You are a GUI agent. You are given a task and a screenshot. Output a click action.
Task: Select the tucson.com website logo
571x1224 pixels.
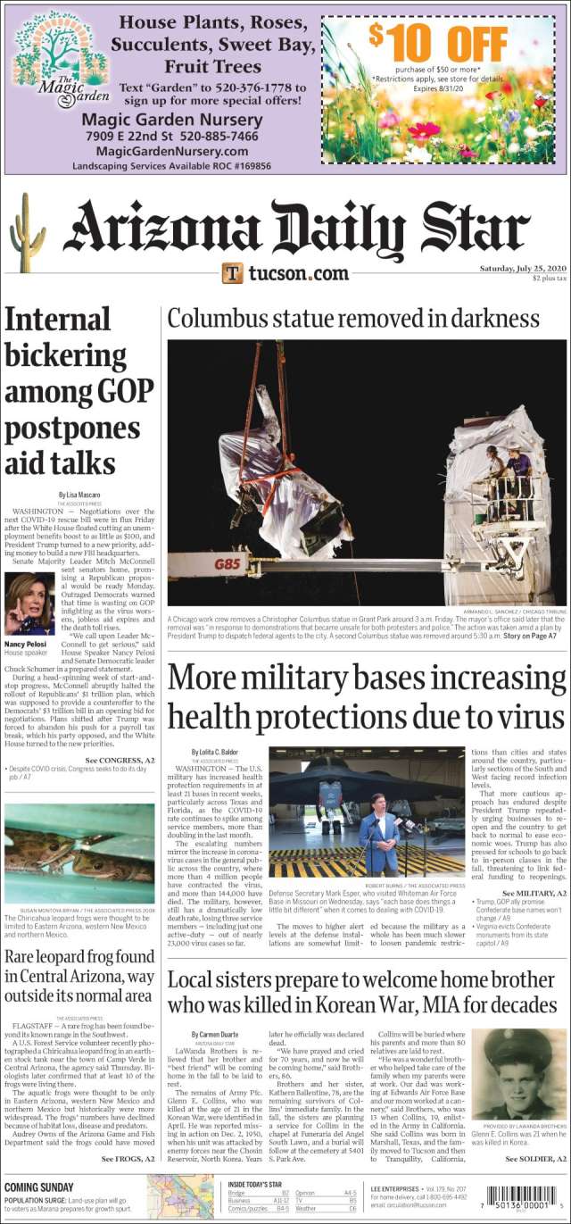(285, 272)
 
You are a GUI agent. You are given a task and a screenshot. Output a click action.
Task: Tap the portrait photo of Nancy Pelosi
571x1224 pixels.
(29, 604)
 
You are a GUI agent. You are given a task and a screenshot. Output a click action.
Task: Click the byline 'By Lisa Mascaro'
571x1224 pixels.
(79, 494)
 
